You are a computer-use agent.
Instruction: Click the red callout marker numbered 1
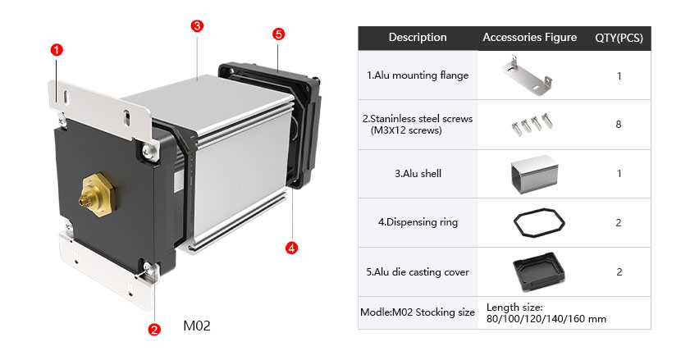(57, 49)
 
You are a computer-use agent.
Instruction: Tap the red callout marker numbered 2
(153, 330)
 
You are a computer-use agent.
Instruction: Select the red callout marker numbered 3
(197, 25)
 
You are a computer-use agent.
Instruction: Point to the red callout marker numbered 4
(290, 247)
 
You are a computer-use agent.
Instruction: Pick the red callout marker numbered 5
(278, 34)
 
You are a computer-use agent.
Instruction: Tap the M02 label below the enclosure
(197, 326)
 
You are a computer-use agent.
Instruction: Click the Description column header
(418, 38)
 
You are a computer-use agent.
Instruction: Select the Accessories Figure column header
(529, 38)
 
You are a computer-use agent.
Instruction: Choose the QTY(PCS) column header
(618, 38)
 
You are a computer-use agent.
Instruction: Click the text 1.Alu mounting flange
(418, 75)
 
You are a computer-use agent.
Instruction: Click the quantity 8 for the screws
(618, 125)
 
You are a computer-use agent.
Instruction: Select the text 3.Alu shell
(418, 174)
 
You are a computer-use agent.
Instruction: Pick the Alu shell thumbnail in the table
(529, 173)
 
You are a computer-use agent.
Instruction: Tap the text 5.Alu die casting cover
(418, 272)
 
